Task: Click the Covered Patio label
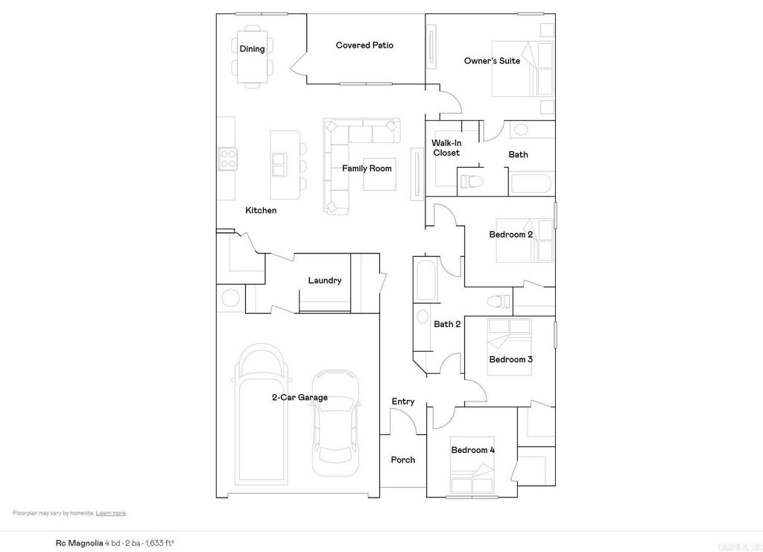[364, 45]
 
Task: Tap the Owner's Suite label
[492, 61]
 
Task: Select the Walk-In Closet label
[446, 147]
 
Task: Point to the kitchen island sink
[279, 164]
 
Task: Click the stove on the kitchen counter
[227, 159]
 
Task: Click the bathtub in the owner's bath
[531, 183]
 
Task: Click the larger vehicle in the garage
[260, 413]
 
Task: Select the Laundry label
[325, 281]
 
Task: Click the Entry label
[403, 402]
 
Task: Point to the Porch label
[403, 460]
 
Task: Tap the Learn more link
[110, 513]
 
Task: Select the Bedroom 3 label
[510, 359]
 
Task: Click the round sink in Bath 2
[422, 316]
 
